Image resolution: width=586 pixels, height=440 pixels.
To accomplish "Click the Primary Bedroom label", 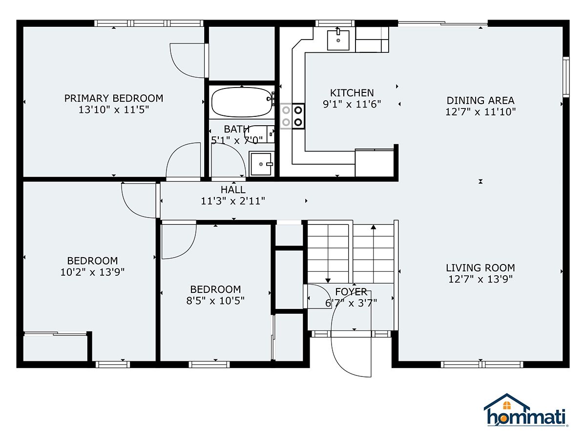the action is [114, 98].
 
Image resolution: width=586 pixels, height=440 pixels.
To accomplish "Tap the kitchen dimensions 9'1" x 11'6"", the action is [352, 104].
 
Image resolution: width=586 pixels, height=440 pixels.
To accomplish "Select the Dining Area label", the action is [481, 100].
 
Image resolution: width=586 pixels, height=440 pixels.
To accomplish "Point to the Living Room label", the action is [481, 268].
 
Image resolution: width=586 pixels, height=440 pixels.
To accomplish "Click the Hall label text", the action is [233, 190].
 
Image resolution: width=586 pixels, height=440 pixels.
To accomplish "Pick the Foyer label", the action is [351, 292].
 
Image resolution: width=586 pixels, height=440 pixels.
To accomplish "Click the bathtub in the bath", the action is [242, 102].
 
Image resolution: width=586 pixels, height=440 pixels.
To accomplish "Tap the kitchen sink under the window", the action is [338, 40].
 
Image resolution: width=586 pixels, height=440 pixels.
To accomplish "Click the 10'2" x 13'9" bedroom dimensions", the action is [92, 272].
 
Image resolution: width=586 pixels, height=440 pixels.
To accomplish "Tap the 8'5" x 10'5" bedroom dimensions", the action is [215, 301].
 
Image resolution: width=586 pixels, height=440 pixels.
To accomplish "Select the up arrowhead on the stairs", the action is [374, 227].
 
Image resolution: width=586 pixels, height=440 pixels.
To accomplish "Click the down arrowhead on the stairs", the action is [328, 281].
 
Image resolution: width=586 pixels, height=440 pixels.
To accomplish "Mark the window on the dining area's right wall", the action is [565, 77].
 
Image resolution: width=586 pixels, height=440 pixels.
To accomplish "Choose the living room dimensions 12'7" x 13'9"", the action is [481, 279].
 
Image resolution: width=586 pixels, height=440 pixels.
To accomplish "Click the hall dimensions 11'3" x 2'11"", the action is [233, 201].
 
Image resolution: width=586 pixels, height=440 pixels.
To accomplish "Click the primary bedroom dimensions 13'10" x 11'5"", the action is [114, 110].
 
